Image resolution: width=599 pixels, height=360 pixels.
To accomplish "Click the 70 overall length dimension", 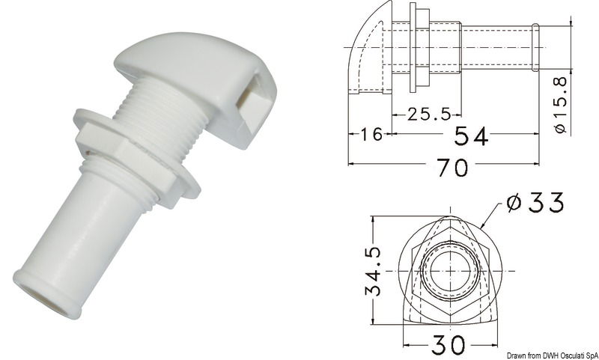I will (x=448, y=169).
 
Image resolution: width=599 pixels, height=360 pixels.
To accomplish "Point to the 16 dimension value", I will (x=367, y=135).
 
